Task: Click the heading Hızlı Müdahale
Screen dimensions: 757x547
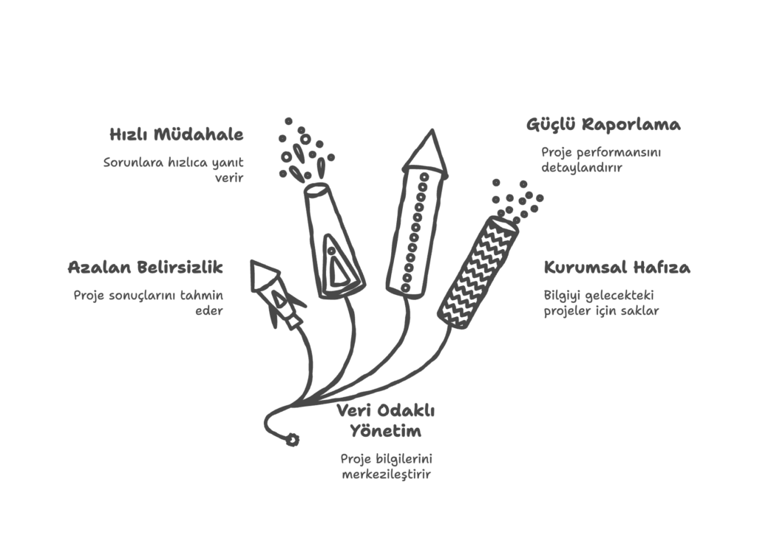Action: [x=176, y=135]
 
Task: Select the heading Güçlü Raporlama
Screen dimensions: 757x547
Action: [x=603, y=125]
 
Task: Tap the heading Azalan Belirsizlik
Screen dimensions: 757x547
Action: [x=146, y=267]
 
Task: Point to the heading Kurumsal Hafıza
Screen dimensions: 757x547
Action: [x=617, y=267]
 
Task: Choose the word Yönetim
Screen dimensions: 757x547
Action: [x=385, y=430]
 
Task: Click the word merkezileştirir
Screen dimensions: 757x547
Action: [x=386, y=474]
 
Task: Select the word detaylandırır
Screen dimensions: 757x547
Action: [x=582, y=168]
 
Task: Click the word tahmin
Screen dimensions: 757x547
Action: [x=202, y=294]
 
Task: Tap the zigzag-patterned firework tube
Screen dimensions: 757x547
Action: [x=479, y=272]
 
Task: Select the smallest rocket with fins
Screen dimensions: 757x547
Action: [x=277, y=294]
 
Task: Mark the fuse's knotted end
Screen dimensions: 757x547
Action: [x=291, y=440]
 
